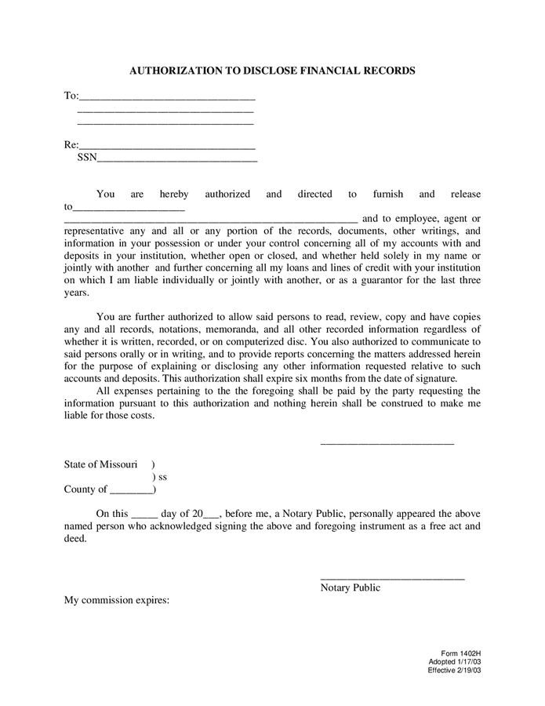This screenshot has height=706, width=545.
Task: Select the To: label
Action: pos(71,96)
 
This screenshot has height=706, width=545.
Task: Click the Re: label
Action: pos(71,145)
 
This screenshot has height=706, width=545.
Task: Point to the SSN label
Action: pos(87,158)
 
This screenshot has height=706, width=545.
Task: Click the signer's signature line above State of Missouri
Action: pos(387,443)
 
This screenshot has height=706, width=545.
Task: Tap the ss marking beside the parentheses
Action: pos(162,477)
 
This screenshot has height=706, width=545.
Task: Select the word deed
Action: pos(74,540)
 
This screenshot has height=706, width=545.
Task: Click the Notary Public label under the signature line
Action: pos(350,588)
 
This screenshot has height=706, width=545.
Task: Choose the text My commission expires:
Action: pos(116,601)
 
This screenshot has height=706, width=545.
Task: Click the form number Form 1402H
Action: pos(460,653)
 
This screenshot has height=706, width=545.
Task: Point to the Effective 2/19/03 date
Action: pos(454,670)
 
